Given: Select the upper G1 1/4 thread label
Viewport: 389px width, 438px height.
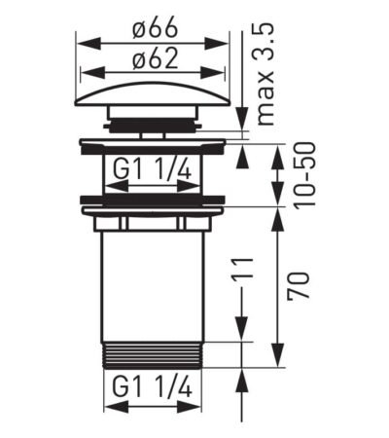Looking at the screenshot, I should [x=153, y=171].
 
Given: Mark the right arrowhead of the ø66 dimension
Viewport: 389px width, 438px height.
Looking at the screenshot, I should [x=225, y=43].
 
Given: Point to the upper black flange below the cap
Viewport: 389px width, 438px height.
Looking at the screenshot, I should [x=153, y=144].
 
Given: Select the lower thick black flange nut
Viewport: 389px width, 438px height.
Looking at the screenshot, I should [x=153, y=203].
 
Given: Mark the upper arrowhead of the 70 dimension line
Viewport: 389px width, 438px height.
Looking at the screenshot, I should [x=280, y=213].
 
